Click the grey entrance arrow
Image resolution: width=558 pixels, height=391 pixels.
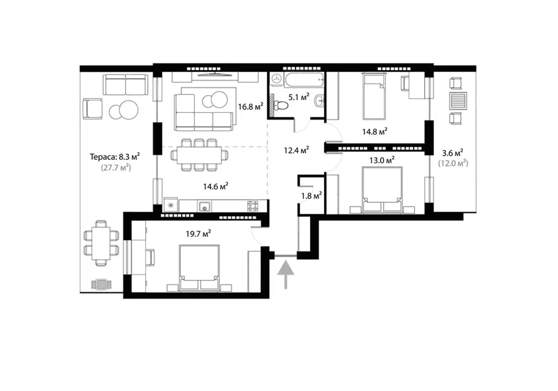coord(286,274)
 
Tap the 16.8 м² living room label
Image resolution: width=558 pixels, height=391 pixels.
coord(250,107)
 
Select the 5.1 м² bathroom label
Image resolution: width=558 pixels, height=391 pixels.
coord(299,97)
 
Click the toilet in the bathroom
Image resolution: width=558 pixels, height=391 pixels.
coord(281,105)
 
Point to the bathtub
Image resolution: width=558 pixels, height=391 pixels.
coord(304,80)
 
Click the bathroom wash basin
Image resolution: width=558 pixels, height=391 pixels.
coord(319,101)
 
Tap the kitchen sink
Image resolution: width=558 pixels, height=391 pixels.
coord(204,207)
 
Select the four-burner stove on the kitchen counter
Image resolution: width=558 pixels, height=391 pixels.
coord(252,206)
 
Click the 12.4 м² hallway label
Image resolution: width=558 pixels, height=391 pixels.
coord(296,150)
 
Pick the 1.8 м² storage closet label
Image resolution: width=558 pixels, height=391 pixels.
coord(311,196)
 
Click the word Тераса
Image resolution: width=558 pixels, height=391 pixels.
coord(103,157)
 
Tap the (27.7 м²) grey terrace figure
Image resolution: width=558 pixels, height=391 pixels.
coord(116,168)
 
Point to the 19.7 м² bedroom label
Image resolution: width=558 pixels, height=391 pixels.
coord(198,234)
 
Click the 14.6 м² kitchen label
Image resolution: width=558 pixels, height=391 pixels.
coord(216,186)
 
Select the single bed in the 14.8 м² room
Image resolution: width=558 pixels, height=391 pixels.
coord(375,96)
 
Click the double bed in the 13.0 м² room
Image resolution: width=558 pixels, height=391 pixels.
coord(382,190)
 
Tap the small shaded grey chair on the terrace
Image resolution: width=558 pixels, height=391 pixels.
coord(101,284)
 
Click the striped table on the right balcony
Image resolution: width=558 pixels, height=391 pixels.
coord(458,101)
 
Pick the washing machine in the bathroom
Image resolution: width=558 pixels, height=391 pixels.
coord(276,79)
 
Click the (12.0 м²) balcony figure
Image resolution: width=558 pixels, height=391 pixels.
coord(453,163)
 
